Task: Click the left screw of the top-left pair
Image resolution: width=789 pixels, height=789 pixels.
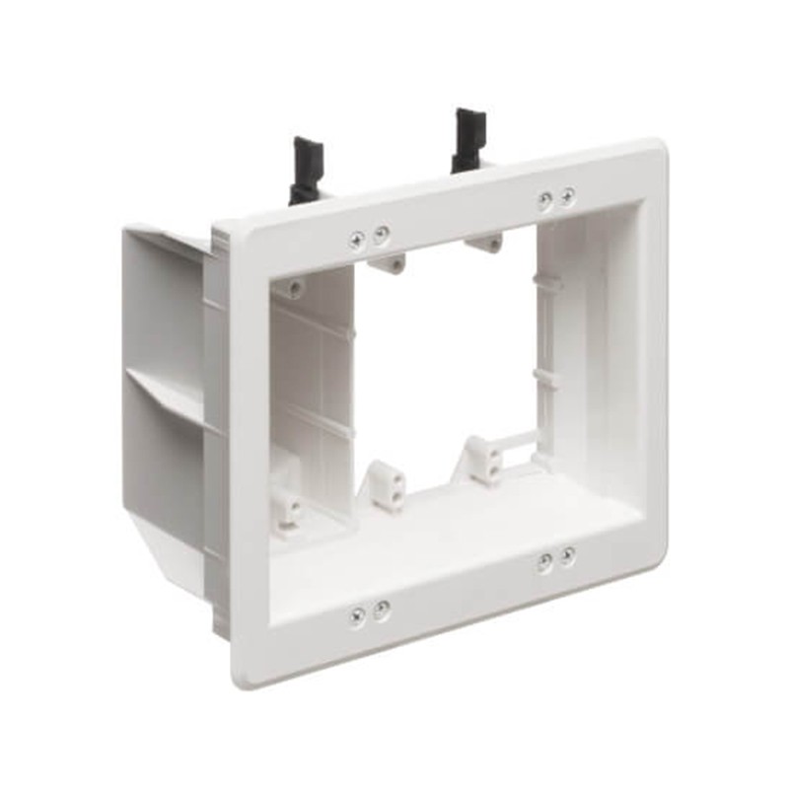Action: (357, 238)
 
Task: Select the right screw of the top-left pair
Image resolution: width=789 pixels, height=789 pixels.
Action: (381, 234)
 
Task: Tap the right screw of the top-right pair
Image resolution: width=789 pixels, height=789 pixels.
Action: (567, 196)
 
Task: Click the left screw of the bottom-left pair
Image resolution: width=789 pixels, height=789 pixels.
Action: (357, 613)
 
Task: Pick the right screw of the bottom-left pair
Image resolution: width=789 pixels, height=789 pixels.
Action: (381, 608)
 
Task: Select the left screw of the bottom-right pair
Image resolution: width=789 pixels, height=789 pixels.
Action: (544, 563)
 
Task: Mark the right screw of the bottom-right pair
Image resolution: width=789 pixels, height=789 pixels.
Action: (567, 557)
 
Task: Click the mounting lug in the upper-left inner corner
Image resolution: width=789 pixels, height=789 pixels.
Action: (293, 288)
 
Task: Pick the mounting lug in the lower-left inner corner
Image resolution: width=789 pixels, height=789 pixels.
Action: (288, 506)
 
